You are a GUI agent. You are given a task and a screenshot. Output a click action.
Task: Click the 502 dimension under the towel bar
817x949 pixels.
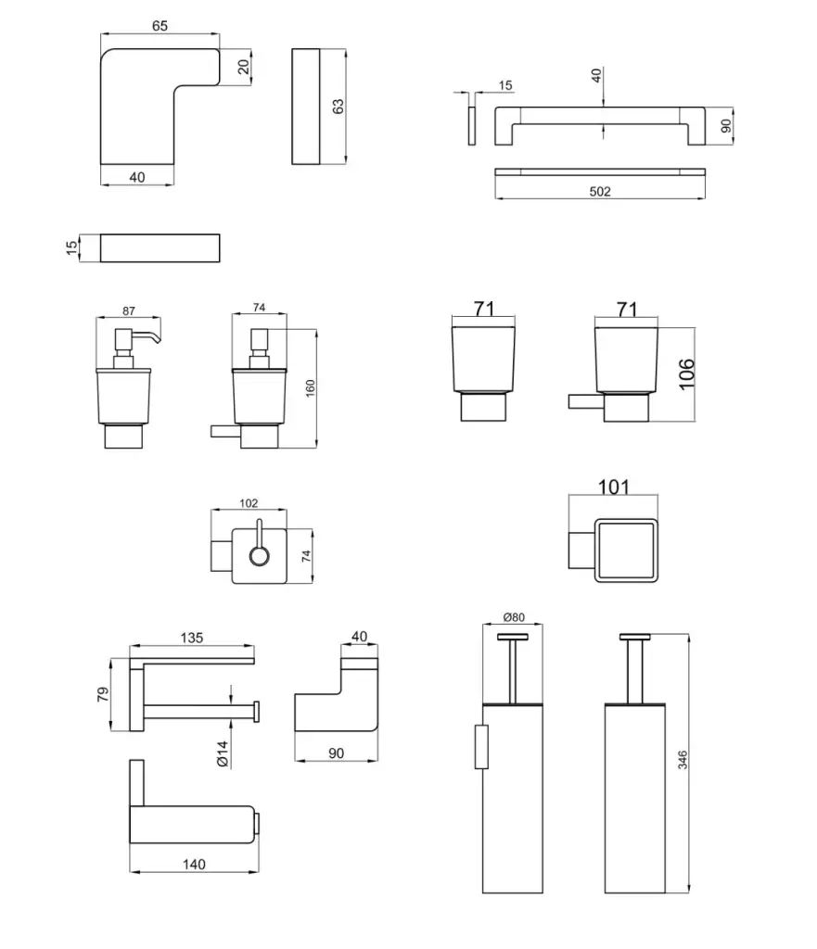click(600, 192)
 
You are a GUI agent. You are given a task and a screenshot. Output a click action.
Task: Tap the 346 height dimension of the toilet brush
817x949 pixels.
click(683, 763)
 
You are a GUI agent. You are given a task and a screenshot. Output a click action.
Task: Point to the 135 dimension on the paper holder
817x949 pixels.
click(191, 638)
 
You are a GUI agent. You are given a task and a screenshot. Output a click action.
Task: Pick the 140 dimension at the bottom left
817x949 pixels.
click(194, 864)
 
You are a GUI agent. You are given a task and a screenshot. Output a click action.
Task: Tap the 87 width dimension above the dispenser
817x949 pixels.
click(128, 311)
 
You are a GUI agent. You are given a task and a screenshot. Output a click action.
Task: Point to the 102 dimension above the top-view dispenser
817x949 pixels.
click(249, 504)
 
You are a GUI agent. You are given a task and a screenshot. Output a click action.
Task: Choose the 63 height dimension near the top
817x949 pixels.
click(338, 107)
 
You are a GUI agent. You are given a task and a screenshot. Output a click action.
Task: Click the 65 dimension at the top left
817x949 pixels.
click(160, 27)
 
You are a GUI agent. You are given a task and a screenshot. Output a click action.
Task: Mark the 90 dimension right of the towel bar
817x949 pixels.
click(726, 125)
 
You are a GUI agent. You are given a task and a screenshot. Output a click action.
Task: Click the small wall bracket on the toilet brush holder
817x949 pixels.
click(480, 747)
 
